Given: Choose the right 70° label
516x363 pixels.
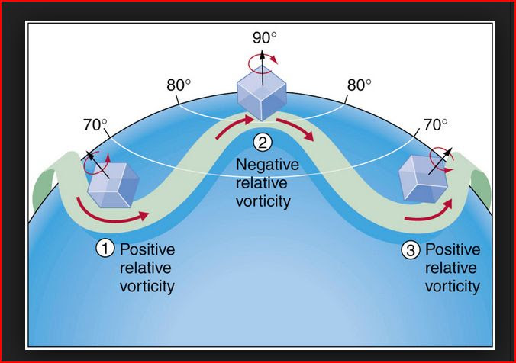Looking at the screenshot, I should point(436,125).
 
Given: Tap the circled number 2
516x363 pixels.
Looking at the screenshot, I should point(262,142).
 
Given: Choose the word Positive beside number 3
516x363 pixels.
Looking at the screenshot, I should point(452,249).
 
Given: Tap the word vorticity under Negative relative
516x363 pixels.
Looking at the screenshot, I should point(263,201).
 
